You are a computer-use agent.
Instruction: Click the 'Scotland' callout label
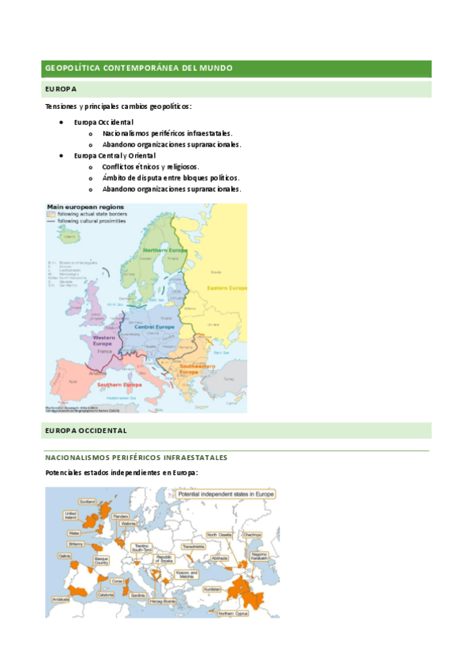coord(87,501)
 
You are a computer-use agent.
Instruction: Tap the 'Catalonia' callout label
coord(106,595)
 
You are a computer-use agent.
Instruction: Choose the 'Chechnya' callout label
coord(252,535)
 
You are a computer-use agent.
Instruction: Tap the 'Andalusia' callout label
coord(61,599)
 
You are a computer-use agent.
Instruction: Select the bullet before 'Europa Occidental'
coord(62,122)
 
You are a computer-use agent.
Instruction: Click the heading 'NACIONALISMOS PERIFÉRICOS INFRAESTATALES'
coord(136,458)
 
